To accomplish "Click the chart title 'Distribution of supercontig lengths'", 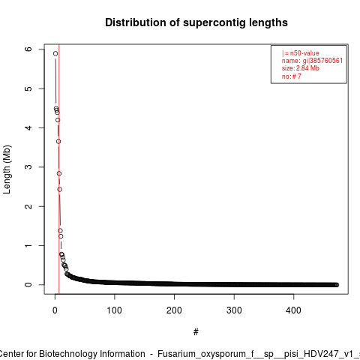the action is pos(196,22).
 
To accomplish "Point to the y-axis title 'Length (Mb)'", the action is pos(7,169).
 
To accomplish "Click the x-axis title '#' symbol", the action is pos(196,332).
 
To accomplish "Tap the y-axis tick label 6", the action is pos(28,49).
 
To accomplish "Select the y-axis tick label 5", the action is pos(28,88).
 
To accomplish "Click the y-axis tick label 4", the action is pos(28,127).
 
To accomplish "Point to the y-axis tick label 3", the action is pos(28,167).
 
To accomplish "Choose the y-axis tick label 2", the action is pos(28,206).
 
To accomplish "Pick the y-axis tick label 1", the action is pos(28,245).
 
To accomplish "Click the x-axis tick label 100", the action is pos(115,310).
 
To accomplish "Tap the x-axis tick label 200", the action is pos(174,310).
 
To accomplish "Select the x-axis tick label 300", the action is pos(234,310).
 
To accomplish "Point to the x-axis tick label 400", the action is pos(293,310).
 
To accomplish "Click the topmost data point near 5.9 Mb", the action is pos(55,53).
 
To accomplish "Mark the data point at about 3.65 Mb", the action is pos(58,142).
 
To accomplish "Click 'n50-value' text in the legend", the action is pos(304,53).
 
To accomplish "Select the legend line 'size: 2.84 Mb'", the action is pos(301,68).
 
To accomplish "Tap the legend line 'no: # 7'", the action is pos(292,76).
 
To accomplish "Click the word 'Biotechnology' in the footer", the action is pos(67,354).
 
